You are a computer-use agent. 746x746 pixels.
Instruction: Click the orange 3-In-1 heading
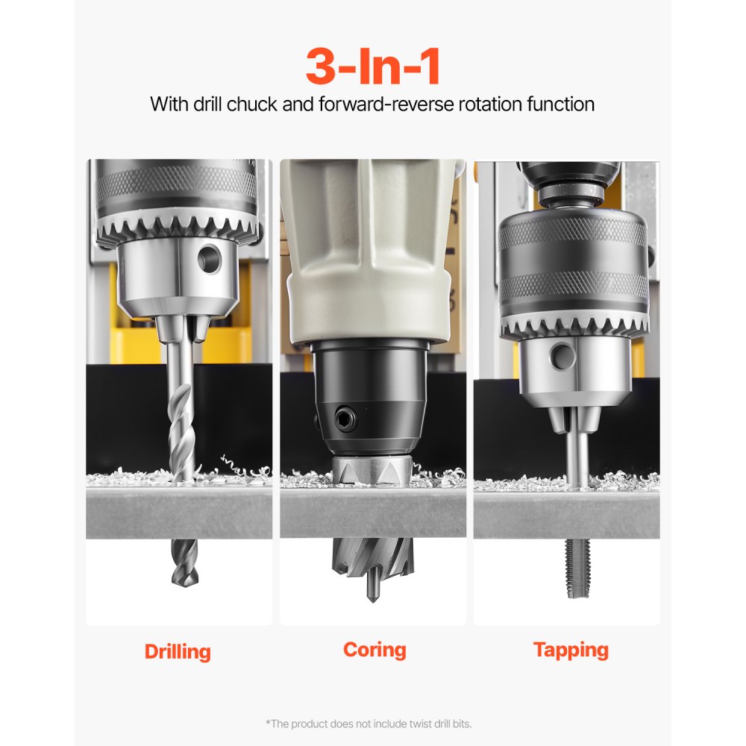click(x=372, y=66)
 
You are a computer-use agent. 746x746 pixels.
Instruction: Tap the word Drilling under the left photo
click(x=178, y=651)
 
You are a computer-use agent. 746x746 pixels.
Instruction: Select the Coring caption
click(x=374, y=649)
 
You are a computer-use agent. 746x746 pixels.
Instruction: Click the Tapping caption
click(x=571, y=650)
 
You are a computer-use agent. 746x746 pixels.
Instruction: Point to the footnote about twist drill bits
click(x=369, y=723)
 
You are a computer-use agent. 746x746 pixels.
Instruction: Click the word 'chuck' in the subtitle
click(x=252, y=104)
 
